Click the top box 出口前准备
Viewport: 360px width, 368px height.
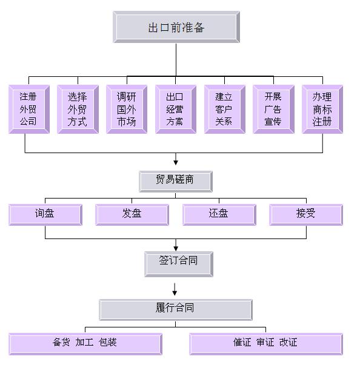[x=176, y=27]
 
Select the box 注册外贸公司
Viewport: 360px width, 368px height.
[x=29, y=109]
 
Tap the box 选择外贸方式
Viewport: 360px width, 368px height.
[x=78, y=109]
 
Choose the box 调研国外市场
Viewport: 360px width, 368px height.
[x=127, y=109]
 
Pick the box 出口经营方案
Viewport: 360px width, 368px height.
[x=176, y=109]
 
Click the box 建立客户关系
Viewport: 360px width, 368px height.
[x=225, y=109]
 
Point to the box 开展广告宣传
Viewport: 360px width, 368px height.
[x=274, y=109]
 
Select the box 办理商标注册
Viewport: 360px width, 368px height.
[x=322, y=109]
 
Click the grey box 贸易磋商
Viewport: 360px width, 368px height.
[x=176, y=182]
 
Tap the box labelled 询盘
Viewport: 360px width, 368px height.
[x=45, y=215]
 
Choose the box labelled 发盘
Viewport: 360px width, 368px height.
[x=132, y=215]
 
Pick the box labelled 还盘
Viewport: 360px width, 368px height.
[x=219, y=215]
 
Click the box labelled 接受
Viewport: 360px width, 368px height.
[x=306, y=215]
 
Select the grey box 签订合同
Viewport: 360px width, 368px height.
[x=179, y=264]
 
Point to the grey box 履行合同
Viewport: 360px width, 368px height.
[x=176, y=310]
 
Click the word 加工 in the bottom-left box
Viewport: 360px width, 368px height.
[x=84, y=342]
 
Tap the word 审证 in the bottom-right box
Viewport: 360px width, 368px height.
[x=265, y=342]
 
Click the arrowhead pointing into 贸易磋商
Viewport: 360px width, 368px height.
[x=176, y=162]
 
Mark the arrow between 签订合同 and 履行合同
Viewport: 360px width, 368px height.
[x=175, y=289]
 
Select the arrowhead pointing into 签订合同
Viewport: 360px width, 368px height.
[x=176, y=249]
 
